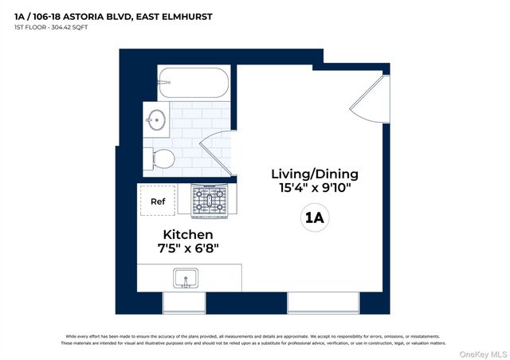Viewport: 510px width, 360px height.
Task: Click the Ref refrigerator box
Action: (x=158, y=202)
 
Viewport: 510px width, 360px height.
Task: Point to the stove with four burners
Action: (x=209, y=200)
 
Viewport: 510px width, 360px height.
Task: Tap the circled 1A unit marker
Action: (x=315, y=217)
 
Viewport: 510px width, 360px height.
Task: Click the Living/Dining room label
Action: (x=315, y=174)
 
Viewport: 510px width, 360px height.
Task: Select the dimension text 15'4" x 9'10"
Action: (x=315, y=190)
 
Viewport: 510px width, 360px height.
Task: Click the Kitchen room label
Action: (x=188, y=234)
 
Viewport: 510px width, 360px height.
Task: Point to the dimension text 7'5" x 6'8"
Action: (x=188, y=249)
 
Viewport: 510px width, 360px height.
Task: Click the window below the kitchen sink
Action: (x=184, y=303)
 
